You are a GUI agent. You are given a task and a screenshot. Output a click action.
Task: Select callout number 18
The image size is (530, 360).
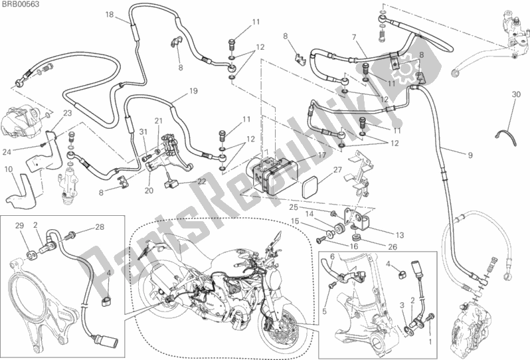click(x=109, y=14)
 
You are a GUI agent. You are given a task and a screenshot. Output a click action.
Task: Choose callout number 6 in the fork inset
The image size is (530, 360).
click(x=330, y=256)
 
